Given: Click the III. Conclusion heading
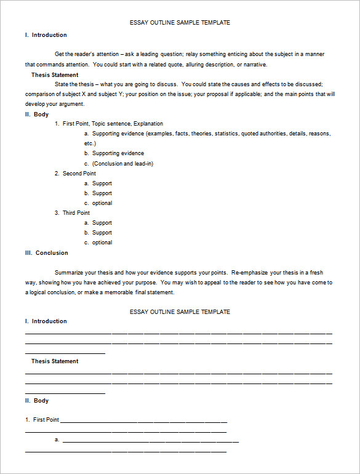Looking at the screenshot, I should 46,253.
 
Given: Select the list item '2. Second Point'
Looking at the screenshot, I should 79,174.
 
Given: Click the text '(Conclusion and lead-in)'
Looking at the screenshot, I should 122,164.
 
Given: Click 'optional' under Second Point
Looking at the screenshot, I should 102,203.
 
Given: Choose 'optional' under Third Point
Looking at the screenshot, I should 102,243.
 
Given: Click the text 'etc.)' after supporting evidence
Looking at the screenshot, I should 90,143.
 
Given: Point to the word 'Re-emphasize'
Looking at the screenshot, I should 250,272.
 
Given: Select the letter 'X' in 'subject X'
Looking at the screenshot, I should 84,94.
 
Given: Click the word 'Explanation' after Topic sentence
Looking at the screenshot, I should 148,124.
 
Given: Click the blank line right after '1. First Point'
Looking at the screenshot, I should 143,422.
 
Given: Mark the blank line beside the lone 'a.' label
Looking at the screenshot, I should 150,441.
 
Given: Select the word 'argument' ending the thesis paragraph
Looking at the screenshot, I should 54,104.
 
